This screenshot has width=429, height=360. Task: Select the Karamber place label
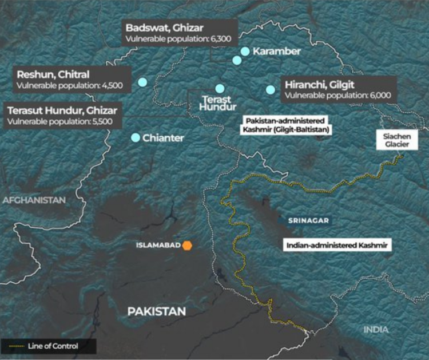point(277,52)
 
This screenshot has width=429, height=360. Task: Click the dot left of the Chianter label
point(136,137)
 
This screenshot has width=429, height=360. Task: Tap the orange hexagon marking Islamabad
point(187,246)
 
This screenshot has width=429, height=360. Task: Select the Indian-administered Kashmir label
point(336,245)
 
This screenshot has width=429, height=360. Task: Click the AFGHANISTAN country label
point(34,200)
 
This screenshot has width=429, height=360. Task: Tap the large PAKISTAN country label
point(156,311)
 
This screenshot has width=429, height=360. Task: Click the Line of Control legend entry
point(48,346)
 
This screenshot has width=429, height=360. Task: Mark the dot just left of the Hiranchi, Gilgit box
point(270,89)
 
